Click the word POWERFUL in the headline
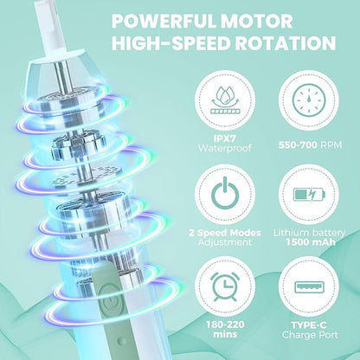tap(158, 22)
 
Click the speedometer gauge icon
tap(309, 102)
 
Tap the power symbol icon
tap(225, 194)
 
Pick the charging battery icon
tap(309, 194)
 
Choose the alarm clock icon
tap(225, 285)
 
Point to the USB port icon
tap(309, 286)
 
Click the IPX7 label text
tap(225, 138)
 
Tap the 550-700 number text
tap(298, 145)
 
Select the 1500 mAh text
tap(311, 241)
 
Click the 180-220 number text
tap(225, 325)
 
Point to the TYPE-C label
tap(309, 325)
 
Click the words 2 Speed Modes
tap(225, 233)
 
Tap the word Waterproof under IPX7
tap(225, 148)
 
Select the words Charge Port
tap(310, 335)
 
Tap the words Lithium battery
tap(309, 233)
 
